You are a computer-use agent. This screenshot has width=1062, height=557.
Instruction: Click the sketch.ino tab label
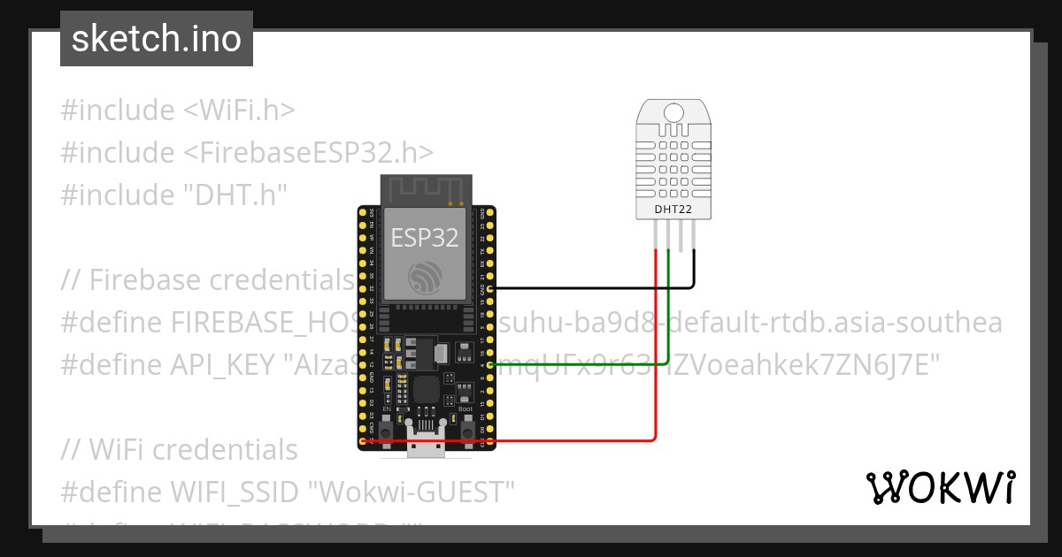point(157,39)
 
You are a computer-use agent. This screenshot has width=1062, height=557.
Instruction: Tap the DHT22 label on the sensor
point(673,210)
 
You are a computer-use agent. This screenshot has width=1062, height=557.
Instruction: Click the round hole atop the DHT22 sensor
point(673,112)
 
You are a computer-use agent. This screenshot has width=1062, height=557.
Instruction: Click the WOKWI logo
point(940,487)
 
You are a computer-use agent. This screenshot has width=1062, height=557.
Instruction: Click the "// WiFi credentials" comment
point(180,449)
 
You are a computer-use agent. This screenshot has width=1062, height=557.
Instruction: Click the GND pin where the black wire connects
point(489,289)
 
